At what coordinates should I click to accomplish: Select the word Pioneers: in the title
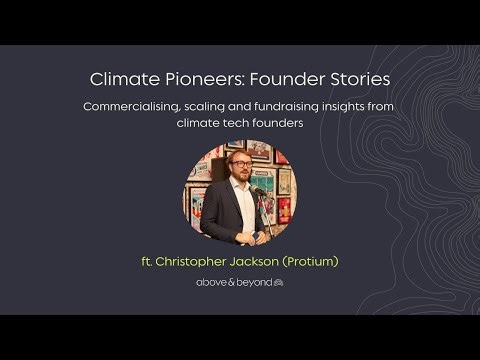196,78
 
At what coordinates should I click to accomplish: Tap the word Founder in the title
275,78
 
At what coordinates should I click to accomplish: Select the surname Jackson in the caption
252,262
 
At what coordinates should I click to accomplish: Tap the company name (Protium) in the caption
309,262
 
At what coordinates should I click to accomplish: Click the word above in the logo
211,283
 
